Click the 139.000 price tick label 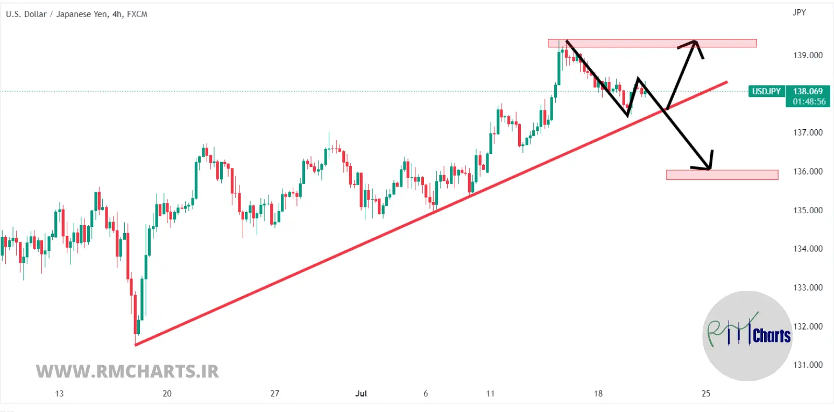808,55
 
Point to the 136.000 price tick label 808,171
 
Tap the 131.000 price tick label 808,365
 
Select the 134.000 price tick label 808,249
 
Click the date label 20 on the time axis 167,394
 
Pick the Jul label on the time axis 361,394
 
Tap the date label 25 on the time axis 706,394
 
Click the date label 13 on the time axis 59,394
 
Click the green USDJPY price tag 766,92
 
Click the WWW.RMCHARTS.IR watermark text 128,371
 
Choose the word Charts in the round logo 772,336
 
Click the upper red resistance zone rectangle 652,43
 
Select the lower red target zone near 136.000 722,174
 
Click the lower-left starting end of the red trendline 136,345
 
